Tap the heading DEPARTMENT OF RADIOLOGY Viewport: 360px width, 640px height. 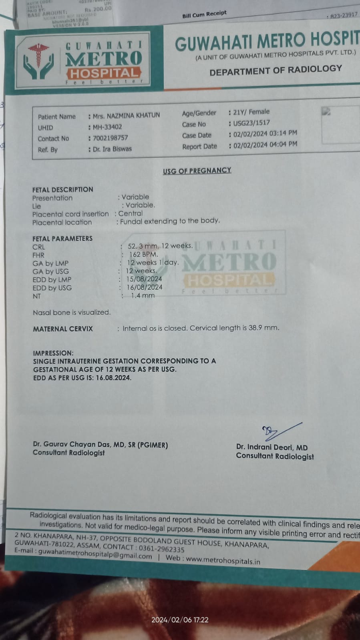[276, 70]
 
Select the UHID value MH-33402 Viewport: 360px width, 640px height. [107, 127]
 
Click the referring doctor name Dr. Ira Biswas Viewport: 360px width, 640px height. [112, 149]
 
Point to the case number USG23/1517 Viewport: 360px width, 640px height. [251, 123]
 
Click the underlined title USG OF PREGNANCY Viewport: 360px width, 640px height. [197, 171]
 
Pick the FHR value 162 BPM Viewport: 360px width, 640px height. [143, 254]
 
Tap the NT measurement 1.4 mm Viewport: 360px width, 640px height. [143, 296]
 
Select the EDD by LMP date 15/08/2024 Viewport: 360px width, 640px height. [144, 279]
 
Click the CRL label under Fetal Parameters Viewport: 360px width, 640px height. [39, 247]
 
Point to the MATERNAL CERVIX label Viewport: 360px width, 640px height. [63, 329]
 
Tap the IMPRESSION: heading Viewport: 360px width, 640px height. [53, 353]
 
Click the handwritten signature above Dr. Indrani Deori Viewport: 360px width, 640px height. [280, 431]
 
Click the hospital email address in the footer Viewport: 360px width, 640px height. [95, 554]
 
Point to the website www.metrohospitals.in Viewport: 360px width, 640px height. [223, 560]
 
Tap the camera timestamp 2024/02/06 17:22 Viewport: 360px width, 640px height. [180, 620]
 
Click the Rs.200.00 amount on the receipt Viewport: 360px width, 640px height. [99, 9]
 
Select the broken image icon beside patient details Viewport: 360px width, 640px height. [326, 112]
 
